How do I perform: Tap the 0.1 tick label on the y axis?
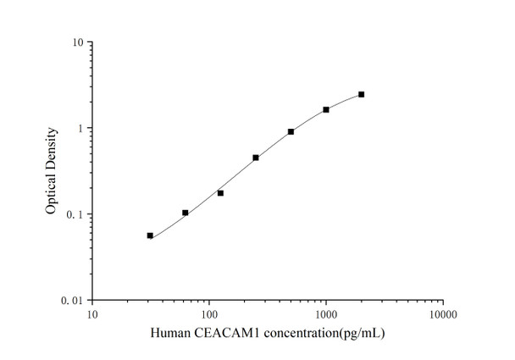[75, 214]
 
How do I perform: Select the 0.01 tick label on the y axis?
[72, 300]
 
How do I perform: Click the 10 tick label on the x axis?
[93, 314]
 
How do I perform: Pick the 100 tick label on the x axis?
[209, 314]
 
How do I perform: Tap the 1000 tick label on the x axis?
[326, 314]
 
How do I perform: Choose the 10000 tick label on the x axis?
[442, 314]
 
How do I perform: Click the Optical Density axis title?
[52, 170]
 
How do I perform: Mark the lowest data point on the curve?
[150, 235]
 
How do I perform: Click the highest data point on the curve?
[362, 94]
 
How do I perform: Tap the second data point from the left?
[186, 213]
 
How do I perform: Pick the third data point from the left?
[220, 193]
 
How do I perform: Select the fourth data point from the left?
[256, 158]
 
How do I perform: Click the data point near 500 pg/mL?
[291, 131]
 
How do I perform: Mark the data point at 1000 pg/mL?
[326, 109]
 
